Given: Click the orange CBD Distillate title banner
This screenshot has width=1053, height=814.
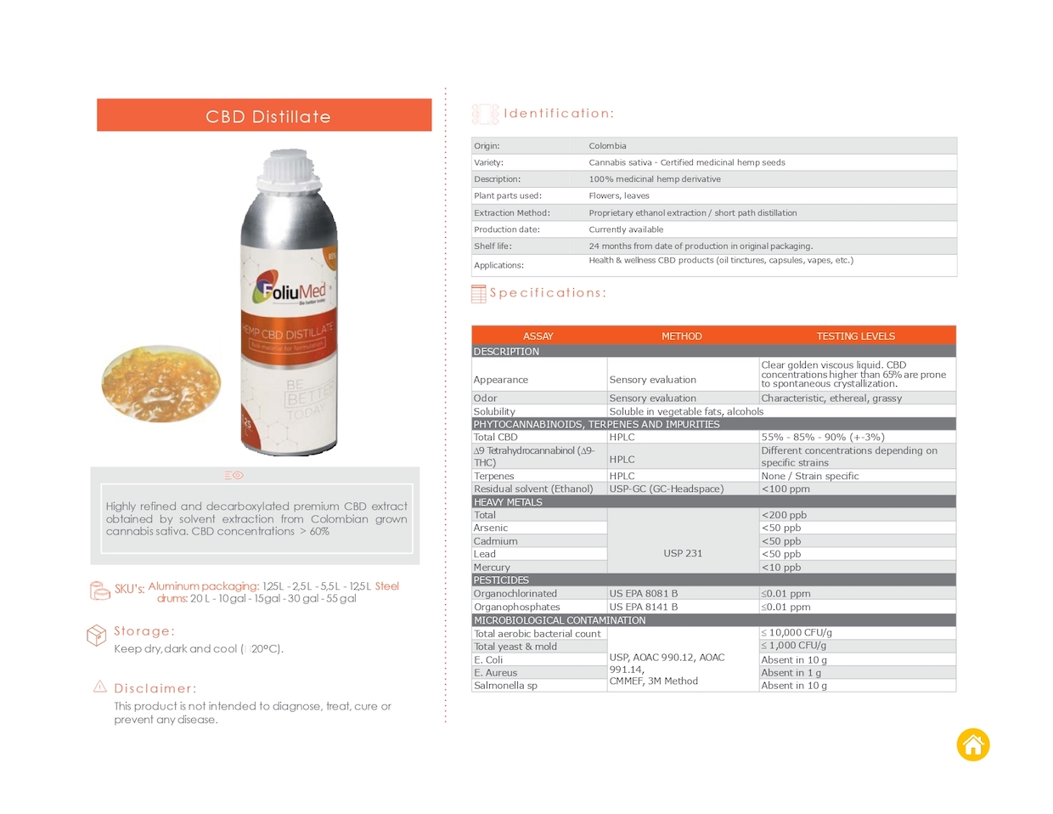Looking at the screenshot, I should (264, 116).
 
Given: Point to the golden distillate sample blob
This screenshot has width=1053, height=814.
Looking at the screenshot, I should (160, 382).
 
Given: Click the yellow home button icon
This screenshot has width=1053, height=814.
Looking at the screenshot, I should (973, 745).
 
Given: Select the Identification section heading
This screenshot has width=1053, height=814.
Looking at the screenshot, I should (558, 113).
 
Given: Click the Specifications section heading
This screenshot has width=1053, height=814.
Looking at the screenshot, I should (548, 293).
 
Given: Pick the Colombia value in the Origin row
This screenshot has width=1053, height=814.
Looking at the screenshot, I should (607, 146).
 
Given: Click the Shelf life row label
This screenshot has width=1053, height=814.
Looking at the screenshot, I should (493, 246).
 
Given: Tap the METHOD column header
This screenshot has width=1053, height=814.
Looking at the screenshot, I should (682, 336).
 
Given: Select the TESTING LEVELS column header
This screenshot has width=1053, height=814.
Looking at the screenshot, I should (855, 336).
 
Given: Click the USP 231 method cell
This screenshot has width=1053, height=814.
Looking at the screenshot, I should (683, 553).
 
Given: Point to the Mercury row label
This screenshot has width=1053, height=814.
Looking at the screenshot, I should (492, 568).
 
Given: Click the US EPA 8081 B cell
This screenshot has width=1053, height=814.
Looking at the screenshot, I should (643, 594).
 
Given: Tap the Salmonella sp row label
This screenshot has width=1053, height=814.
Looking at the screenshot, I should (505, 686).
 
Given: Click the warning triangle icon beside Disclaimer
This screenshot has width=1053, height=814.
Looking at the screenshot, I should (100, 687).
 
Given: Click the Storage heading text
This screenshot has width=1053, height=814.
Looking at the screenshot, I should (144, 631).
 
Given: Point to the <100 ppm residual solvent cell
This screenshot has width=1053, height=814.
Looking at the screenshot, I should (786, 489).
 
